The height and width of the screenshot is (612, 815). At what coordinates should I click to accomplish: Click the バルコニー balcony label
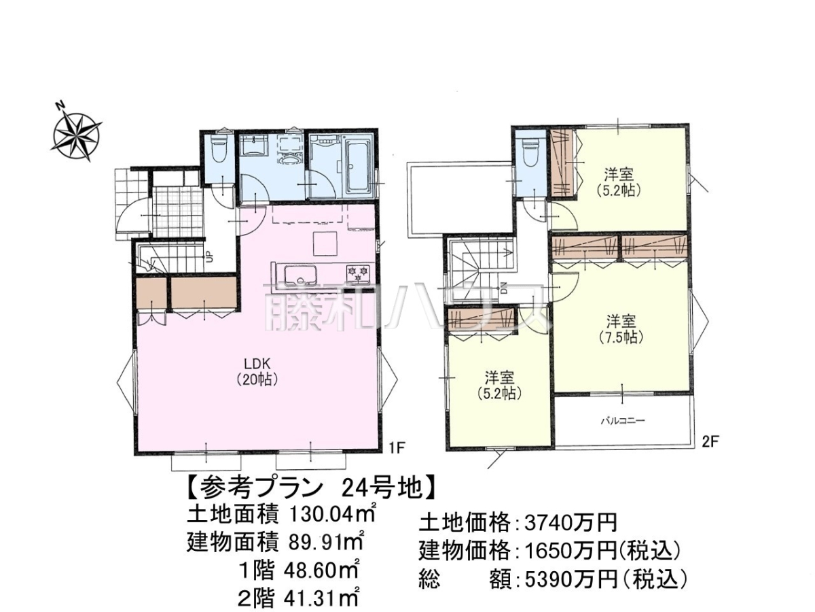[x=623, y=421]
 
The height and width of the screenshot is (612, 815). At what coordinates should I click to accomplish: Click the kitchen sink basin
[x=300, y=275]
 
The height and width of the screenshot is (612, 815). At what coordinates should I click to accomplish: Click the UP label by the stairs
[x=209, y=256]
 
